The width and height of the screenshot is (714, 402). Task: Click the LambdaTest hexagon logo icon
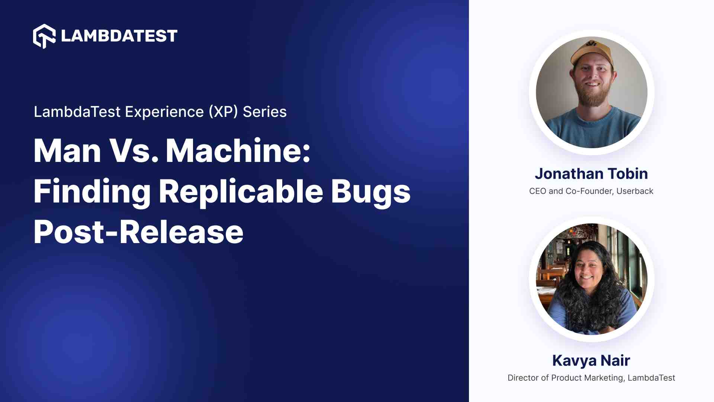pyautogui.click(x=44, y=36)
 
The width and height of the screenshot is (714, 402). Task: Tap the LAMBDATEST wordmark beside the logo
pyautogui.click(x=119, y=36)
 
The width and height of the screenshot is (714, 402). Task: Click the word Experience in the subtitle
pyautogui.click(x=164, y=112)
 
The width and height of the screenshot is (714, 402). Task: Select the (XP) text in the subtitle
pyautogui.click(x=223, y=112)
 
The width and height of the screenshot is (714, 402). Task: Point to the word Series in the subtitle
pyautogui.click(x=265, y=112)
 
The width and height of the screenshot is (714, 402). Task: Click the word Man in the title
pyautogui.click(x=67, y=151)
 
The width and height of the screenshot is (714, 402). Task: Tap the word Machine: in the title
pyautogui.click(x=238, y=151)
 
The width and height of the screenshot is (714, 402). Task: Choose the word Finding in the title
pyautogui.click(x=92, y=192)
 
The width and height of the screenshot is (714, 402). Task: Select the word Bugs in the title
pyautogui.click(x=371, y=192)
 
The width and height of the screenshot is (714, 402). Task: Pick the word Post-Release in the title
pyautogui.click(x=138, y=232)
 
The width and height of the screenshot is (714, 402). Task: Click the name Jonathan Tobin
pyautogui.click(x=591, y=174)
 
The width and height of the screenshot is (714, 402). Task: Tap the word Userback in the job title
pyautogui.click(x=635, y=191)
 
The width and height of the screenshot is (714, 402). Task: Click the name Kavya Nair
pyautogui.click(x=591, y=361)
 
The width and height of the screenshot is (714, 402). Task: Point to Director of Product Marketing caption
pyautogui.click(x=565, y=378)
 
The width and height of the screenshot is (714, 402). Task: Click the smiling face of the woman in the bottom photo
pyautogui.click(x=588, y=270)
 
